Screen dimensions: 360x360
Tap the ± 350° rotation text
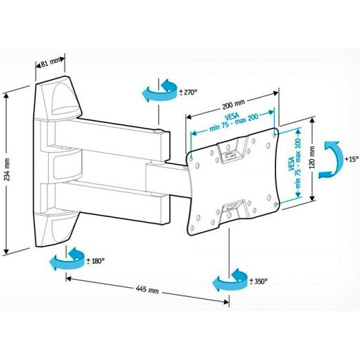pos(258,280)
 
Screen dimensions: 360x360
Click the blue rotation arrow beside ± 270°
pos(157,92)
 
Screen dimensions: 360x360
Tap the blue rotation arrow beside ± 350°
pos(229,282)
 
